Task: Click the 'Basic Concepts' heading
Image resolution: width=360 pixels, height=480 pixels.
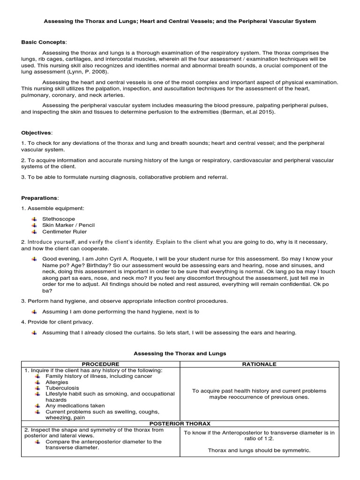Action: tap(44, 42)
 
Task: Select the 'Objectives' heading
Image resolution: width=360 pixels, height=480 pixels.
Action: tap(37, 133)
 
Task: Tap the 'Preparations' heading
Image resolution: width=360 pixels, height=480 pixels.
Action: tap(40, 198)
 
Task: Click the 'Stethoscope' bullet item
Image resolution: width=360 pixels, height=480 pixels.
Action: tap(58, 219)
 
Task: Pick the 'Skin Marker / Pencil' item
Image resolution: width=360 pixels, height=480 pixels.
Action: tap(68, 225)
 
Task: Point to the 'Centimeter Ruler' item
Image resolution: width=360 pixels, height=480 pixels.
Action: tap(64, 232)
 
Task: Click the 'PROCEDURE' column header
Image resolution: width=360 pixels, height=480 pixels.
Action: tap(100, 364)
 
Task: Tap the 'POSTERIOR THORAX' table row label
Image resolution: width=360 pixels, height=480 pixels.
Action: tap(180, 423)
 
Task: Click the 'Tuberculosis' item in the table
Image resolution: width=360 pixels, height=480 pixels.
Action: tap(62, 388)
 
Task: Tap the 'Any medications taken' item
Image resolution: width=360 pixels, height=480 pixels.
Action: tap(75, 405)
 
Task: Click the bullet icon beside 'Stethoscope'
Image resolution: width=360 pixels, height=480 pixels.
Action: tap(34, 219)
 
